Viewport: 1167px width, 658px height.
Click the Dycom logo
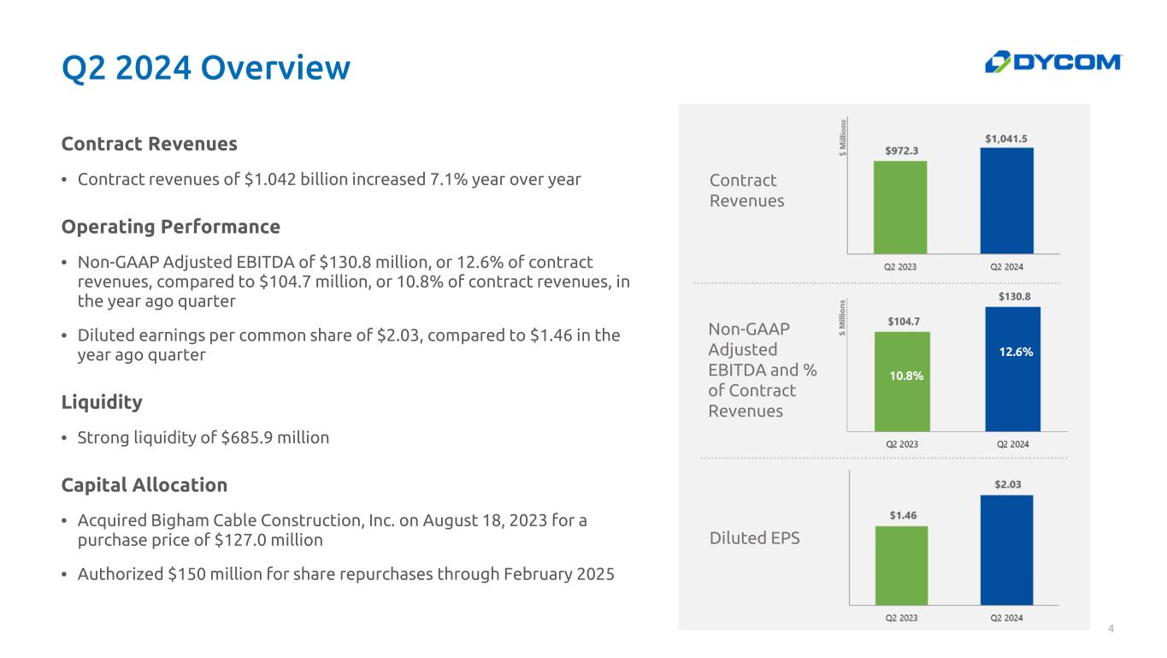click(1053, 62)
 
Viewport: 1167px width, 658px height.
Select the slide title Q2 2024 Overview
click(206, 68)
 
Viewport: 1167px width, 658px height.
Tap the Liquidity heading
click(102, 402)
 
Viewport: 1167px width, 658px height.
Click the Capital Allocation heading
click(144, 485)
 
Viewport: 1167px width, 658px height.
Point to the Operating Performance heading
click(170, 227)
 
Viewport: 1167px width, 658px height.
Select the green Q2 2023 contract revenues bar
click(900, 207)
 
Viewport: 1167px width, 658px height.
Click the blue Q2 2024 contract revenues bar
click(1006, 201)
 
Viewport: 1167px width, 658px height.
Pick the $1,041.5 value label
click(1006, 139)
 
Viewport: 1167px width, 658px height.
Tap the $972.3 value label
click(901, 151)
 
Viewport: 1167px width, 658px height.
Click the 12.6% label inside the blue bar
click(1016, 352)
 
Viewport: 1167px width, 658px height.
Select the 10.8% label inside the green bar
click(906, 376)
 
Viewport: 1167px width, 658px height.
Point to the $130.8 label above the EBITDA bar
click(1014, 297)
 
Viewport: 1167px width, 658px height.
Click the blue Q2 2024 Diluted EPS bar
click(1006, 550)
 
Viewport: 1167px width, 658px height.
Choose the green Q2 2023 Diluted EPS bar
click(901, 566)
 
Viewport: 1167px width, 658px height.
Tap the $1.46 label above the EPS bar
click(903, 516)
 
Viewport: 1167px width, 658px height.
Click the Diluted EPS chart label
click(754, 538)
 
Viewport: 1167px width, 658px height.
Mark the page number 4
click(1111, 628)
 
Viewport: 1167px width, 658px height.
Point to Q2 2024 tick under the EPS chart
click(1006, 618)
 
